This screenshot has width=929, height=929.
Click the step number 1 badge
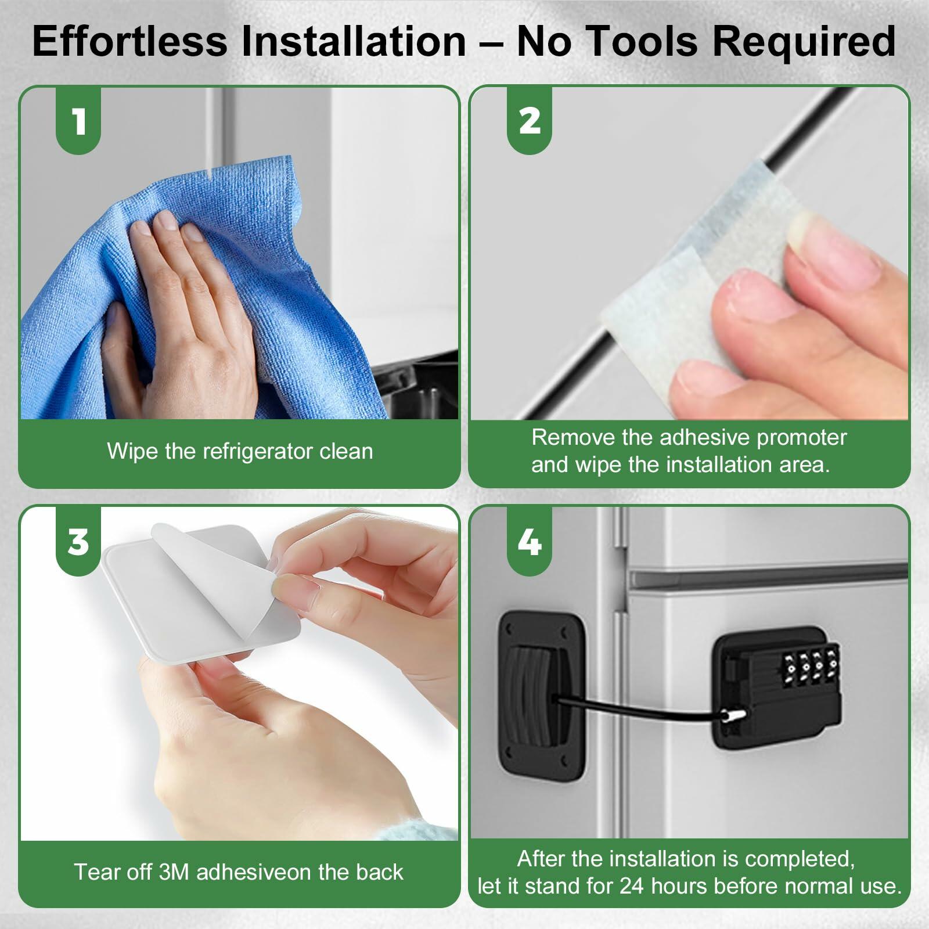(78, 120)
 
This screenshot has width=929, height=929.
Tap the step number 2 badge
(530, 120)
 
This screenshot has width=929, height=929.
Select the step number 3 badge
(78, 541)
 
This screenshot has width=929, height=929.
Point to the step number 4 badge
(530, 541)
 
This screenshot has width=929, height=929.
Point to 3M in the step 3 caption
(174, 872)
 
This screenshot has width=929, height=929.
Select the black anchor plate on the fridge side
(542, 696)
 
